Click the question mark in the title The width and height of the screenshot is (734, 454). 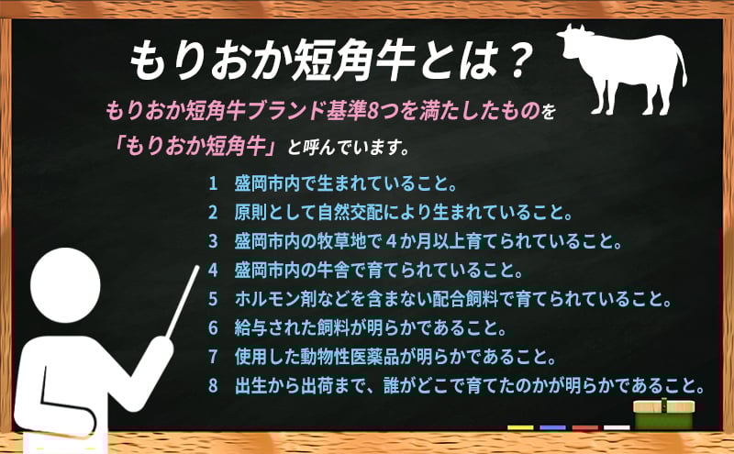[x=519, y=60]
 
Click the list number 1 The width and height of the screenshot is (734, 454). [x=214, y=183]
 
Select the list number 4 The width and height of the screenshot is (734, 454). [x=214, y=270]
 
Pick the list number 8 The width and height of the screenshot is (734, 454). [x=214, y=385]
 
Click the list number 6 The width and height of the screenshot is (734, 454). [x=214, y=327]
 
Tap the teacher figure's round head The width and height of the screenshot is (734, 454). [x=65, y=285]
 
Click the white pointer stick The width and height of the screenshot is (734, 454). [x=183, y=301]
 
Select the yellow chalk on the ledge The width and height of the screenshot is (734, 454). [x=520, y=427]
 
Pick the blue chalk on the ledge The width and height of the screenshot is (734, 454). [x=552, y=427]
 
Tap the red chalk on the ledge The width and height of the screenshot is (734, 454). [x=584, y=427]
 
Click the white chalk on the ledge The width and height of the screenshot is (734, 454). [x=617, y=427]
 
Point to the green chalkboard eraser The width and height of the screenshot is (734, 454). [x=663, y=414]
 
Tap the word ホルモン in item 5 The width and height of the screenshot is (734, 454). [x=267, y=299]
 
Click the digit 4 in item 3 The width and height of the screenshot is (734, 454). [x=392, y=241]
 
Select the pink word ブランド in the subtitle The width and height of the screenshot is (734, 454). [x=287, y=111]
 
